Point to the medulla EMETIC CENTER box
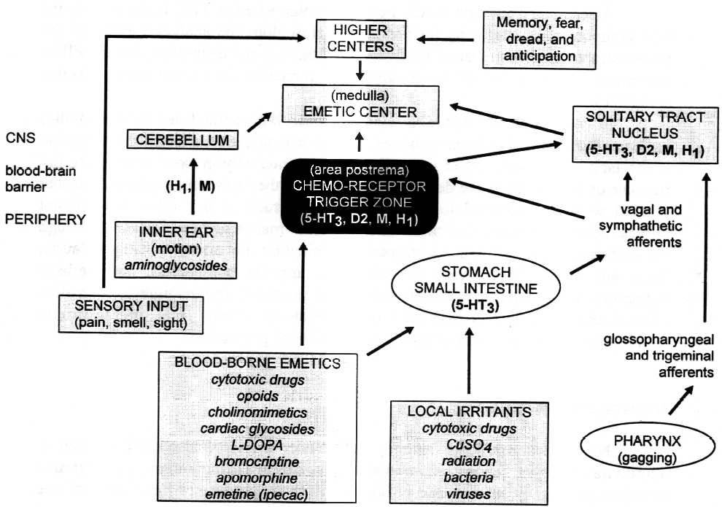362,105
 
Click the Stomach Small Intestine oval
476,287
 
